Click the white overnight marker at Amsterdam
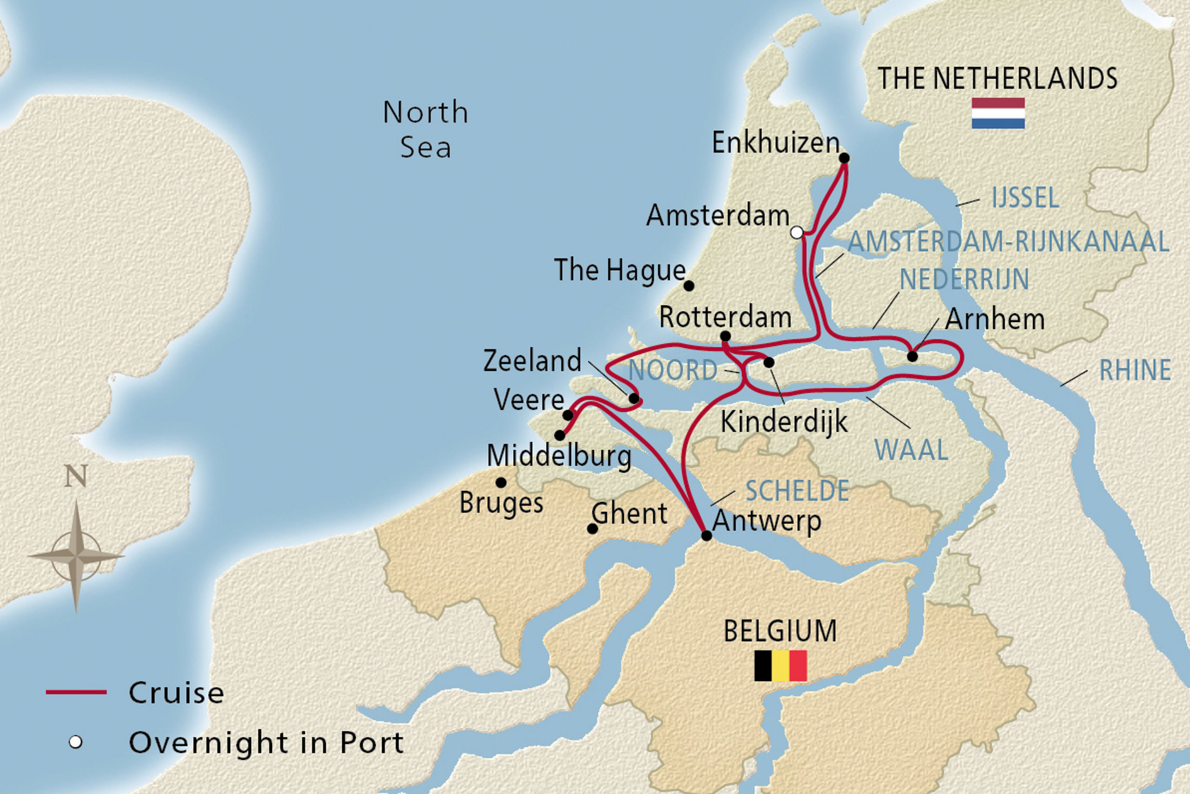pos(796,233)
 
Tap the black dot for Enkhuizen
pos(844,158)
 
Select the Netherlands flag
pos(998,113)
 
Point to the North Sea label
pos(425,130)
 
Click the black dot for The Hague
pos(688,286)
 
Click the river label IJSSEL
pos(1025,198)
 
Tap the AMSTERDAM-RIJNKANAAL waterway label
pos(1008,241)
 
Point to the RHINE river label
pos(1135,370)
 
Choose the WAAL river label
pos(911,450)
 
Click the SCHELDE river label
pos(797,491)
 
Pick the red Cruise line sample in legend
pos(76,692)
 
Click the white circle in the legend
pos(75,742)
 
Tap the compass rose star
pos(76,556)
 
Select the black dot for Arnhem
pos(912,356)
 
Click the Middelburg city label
pos(559,456)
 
